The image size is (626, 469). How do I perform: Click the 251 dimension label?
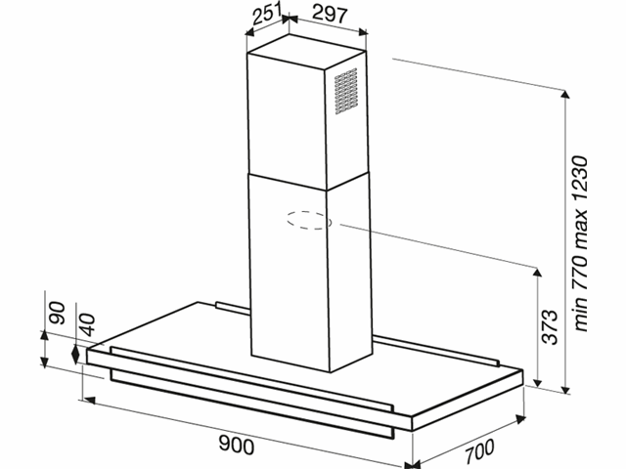267,15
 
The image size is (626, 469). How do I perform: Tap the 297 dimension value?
331,14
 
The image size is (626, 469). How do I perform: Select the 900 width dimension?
237,445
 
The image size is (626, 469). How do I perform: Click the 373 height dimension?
549,327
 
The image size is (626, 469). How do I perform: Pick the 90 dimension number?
57,313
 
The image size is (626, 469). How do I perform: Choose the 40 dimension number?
86,324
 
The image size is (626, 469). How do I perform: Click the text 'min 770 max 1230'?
580,243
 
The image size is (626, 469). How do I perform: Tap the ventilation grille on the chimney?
345,91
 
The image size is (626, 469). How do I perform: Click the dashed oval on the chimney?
309,220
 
